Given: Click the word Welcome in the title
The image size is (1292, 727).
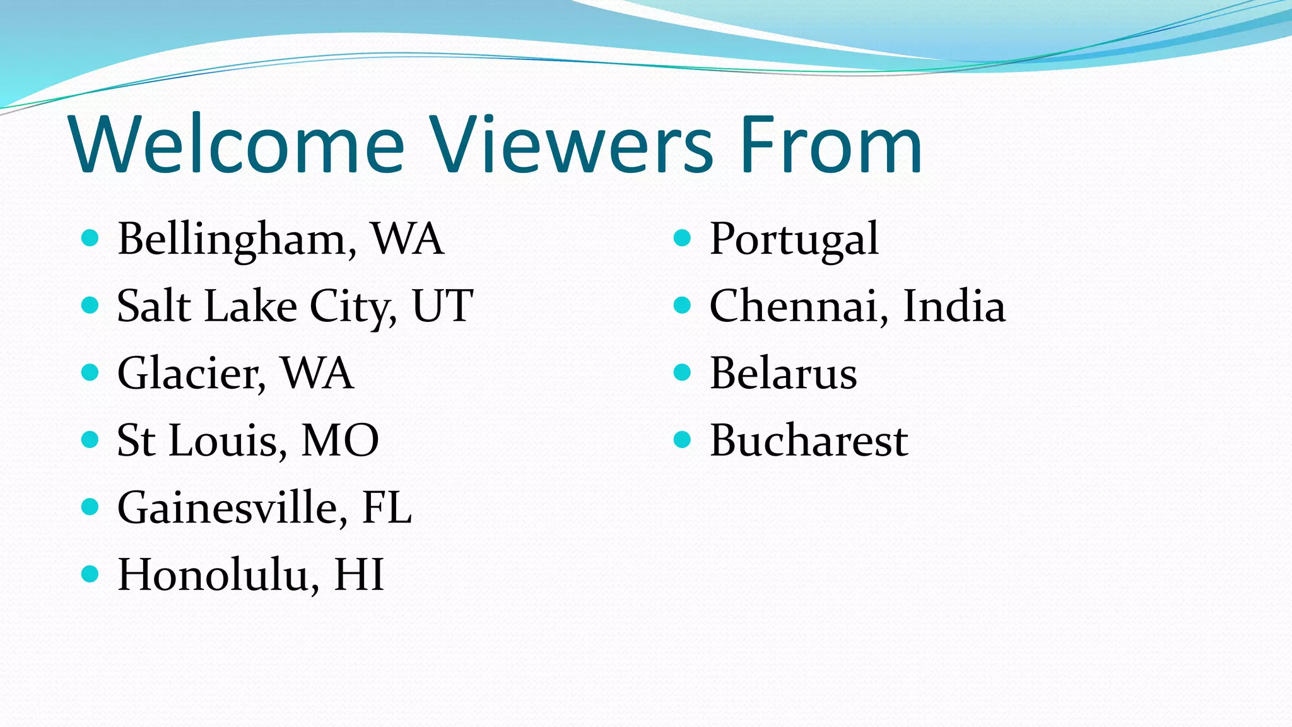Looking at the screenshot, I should tap(237, 145).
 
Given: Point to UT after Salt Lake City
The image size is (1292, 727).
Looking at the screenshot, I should tap(442, 307).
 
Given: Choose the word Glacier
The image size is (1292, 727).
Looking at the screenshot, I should tap(189, 374).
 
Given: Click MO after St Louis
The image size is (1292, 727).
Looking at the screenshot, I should tap(340, 440).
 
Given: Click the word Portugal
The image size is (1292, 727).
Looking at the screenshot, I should tap(794, 240).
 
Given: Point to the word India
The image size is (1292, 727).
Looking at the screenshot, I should tap(954, 307).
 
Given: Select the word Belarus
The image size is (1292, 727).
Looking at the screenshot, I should tap(784, 374).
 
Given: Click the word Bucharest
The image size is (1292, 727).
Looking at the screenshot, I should tap(809, 440).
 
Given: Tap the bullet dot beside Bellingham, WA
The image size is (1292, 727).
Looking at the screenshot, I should tap(90, 238).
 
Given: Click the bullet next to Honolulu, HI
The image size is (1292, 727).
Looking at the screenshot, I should tap(90, 574).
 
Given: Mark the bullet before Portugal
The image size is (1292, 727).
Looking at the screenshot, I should tap(683, 238).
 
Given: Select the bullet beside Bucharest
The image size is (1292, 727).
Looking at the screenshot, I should tap(683, 439).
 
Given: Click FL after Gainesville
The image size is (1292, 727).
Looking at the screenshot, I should tap(387, 507).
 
